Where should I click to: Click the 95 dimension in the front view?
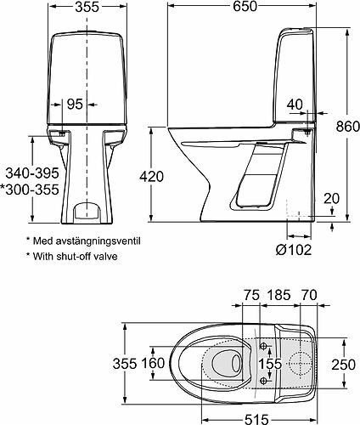[x=75, y=105]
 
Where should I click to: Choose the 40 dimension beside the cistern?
[x=295, y=104]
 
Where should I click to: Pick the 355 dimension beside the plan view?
[x=126, y=363]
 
